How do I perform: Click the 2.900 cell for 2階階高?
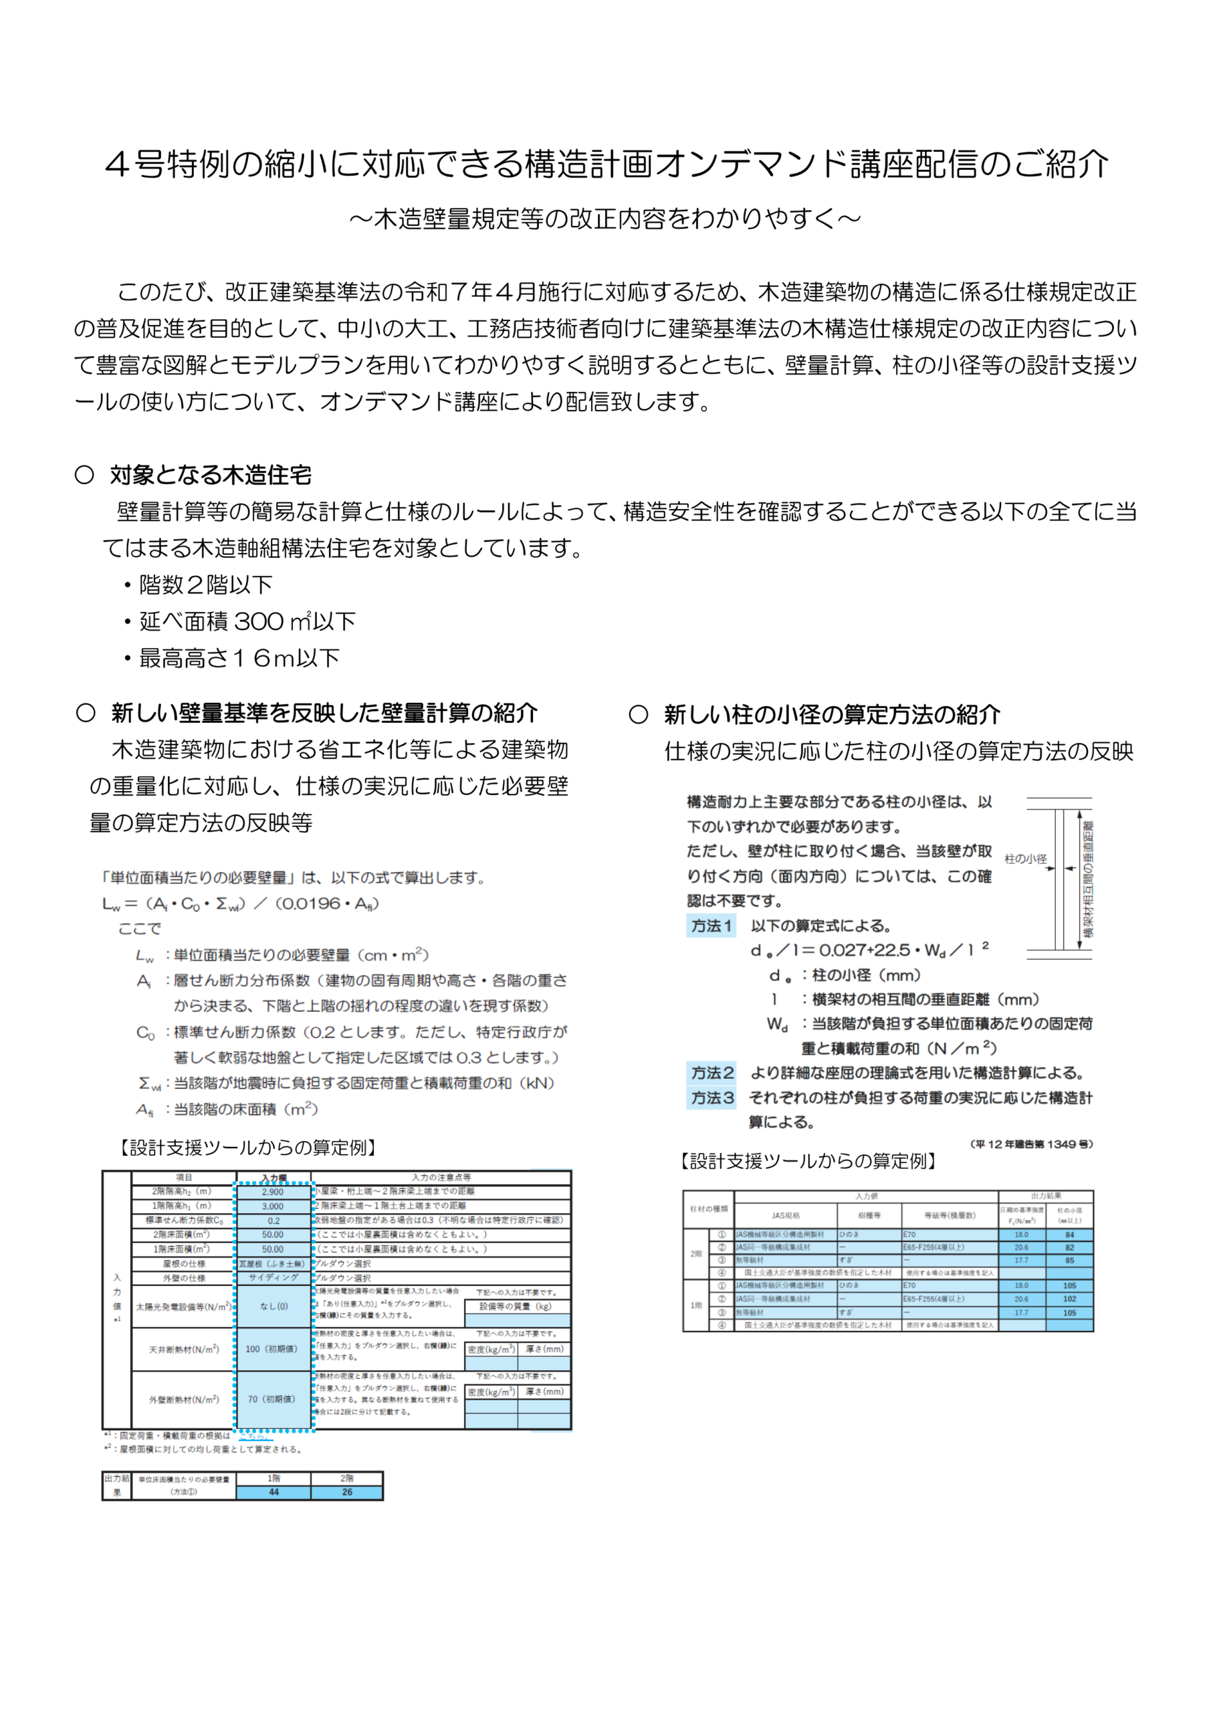point(273,1192)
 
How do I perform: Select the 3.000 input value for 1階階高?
point(273,1206)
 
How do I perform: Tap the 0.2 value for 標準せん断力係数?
point(273,1220)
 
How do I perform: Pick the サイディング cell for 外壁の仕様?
point(273,1277)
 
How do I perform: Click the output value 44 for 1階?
point(273,1492)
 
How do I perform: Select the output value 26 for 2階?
point(347,1492)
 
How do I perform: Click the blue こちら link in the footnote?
point(252,1435)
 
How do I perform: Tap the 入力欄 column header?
point(273,1178)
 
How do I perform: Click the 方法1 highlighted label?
point(711,926)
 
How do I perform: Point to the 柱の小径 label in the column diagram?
point(1025,859)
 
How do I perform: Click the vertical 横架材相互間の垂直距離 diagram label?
point(1088,880)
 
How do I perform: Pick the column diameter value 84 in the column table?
point(1069,1235)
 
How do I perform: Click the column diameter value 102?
point(1069,1299)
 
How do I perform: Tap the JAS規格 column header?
point(785,1215)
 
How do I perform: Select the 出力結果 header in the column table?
point(1045,1196)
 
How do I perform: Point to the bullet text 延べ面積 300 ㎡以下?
point(247,621)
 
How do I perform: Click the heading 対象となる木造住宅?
point(210,475)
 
